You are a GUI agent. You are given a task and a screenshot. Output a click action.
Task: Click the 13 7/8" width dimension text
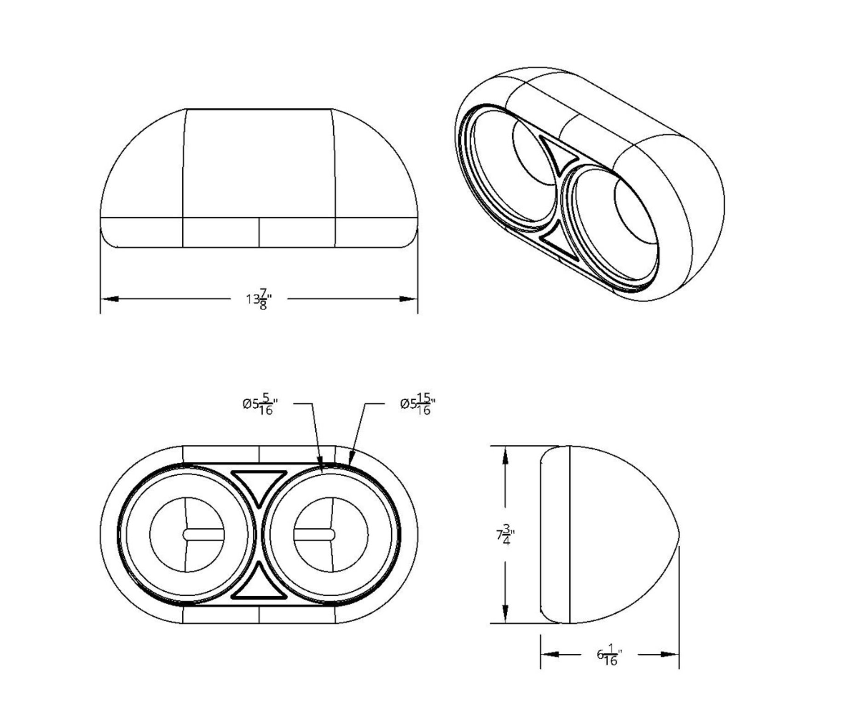(x=259, y=299)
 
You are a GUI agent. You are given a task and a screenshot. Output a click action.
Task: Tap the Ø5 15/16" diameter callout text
(x=418, y=404)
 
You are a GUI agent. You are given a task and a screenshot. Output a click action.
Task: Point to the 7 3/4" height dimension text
(x=505, y=535)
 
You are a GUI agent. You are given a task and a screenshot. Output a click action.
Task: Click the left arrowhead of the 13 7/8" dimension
(x=110, y=299)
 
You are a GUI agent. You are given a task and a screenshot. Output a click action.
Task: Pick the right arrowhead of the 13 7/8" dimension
(x=408, y=299)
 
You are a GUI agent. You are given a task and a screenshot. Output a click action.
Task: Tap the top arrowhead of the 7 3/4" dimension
(x=505, y=456)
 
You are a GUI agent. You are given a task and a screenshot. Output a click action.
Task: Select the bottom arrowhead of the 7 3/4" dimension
(x=505, y=614)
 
